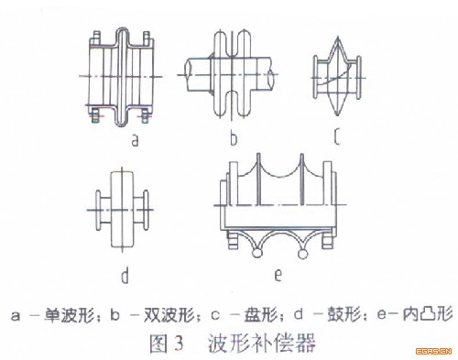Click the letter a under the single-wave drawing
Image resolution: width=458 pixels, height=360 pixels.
click(x=135, y=141)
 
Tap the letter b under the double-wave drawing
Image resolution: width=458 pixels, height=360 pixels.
click(x=234, y=138)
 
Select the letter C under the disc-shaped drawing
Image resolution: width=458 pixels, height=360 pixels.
click(x=337, y=136)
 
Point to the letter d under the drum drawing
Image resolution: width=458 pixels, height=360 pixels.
click(x=125, y=276)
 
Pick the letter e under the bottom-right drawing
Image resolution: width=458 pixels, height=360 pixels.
click(x=278, y=275)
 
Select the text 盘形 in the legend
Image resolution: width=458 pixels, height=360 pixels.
click(x=260, y=315)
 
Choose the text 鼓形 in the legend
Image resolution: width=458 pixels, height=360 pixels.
click(x=344, y=315)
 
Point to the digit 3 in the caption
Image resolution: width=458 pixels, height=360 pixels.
click(x=178, y=344)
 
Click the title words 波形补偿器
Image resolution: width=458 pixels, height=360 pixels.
click(x=261, y=344)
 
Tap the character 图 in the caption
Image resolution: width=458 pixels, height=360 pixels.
click(x=158, y=344)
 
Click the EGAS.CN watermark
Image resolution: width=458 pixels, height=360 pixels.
click(x=433, y=351)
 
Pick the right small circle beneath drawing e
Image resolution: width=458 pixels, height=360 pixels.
click(x=302, y=253)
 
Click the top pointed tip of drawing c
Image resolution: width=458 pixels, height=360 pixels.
click(x=338, y=38)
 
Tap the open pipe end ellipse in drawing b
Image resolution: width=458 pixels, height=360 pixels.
click(x=270, y=78)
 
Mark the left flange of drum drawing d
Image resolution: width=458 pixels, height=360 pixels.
click(x=98, y=210)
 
